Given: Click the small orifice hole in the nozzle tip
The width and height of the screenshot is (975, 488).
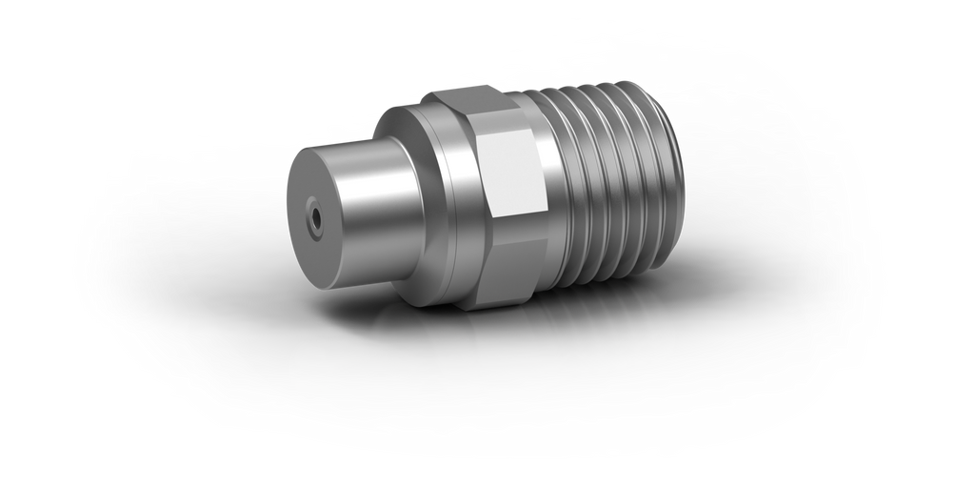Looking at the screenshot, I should [313, 219].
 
